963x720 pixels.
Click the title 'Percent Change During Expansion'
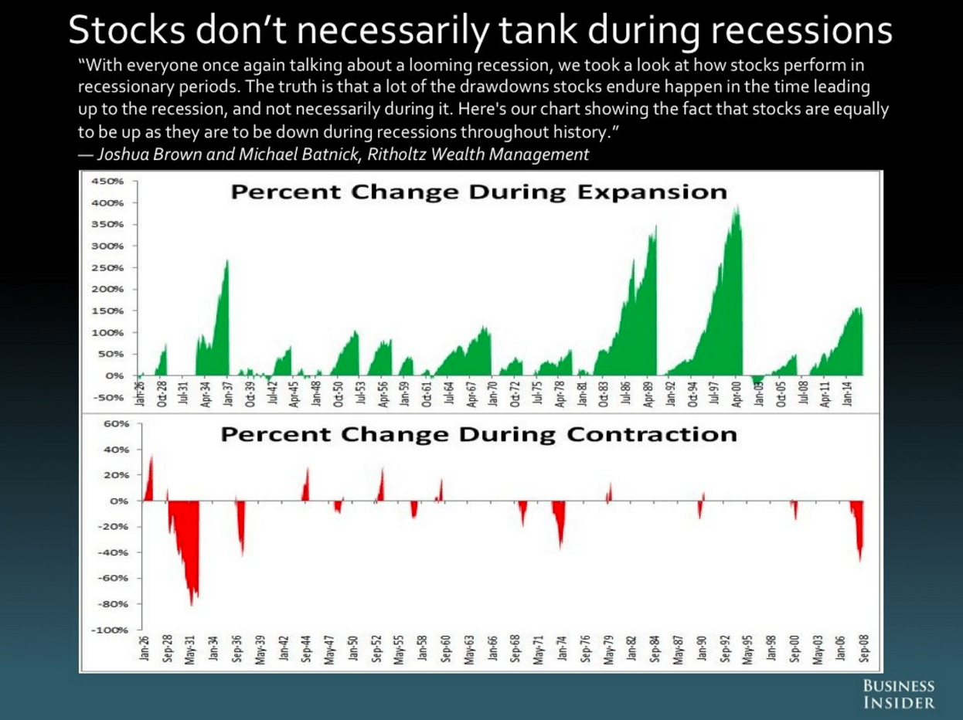[x=478, y=192]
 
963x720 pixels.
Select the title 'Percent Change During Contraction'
[x=478, y=434]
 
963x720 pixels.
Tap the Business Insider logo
[x=898, y=695]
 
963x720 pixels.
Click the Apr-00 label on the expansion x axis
[x=738, y=393]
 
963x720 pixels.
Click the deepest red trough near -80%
[x=192, y=603]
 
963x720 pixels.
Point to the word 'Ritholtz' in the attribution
[x=398, y=155]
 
